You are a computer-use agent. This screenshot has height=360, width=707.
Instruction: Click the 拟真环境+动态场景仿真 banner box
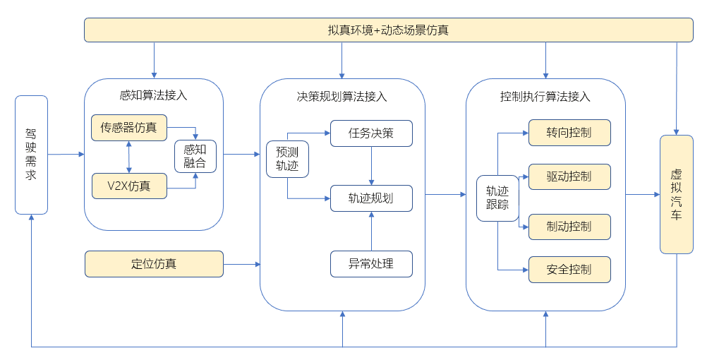pos(388,30)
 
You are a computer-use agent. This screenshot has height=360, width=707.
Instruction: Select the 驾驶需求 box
pos(32,155)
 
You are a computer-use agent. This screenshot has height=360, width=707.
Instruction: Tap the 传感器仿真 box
pos(129,128)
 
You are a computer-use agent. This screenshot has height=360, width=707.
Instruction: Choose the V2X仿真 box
pos(129,186)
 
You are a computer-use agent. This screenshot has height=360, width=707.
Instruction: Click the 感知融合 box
pos(195,157)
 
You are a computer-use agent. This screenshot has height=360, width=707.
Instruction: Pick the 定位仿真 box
pos(155,264)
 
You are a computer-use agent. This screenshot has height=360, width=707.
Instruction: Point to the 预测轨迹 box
pos(287,160)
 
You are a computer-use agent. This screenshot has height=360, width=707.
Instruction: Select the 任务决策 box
pos(371,133)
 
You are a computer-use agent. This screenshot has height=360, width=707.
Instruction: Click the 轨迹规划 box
pos(371,198)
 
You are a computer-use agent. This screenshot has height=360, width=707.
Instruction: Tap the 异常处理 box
pos(371,264)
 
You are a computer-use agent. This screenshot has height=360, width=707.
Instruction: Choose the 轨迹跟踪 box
pos(497,198)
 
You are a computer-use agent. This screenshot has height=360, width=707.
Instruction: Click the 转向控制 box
pos(569,133)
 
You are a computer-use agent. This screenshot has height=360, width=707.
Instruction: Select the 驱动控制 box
pos(569,177)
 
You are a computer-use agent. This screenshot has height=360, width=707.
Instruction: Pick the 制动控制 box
pos(569,227)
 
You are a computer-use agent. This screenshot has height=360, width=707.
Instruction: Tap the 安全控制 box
pos(569,270)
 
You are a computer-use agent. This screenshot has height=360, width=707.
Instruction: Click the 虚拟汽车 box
pos(677,194)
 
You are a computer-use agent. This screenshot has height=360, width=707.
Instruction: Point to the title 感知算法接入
pos(153,95)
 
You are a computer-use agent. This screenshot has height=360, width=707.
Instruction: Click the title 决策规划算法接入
pos(342,97)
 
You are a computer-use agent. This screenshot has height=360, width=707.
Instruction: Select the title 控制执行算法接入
pos(545,97)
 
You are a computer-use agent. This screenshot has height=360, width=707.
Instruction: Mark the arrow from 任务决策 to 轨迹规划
pos(372,166)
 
